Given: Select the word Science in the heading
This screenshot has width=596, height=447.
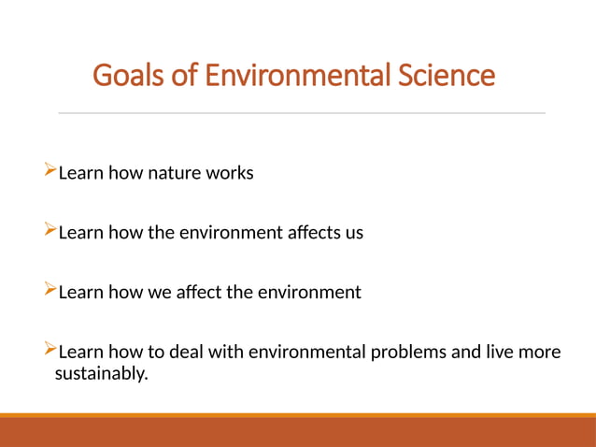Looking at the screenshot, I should (x=447, y=74).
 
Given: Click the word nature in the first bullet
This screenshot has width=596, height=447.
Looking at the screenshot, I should (x=175, y=173).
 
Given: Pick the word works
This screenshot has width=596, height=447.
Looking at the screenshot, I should (x=230, y=173).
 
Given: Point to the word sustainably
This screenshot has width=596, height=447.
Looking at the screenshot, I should (x=102, y=375).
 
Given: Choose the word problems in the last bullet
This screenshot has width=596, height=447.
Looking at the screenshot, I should (x=427, y=353).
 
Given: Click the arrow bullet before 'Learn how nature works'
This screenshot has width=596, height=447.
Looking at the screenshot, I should (x=50, y=171).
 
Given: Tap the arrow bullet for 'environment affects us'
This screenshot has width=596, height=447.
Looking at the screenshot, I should (x=50, y=231).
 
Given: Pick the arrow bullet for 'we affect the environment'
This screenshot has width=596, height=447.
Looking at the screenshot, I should (x=50, y=291).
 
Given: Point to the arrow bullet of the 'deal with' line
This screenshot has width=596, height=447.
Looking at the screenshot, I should (x=50, y=351).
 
